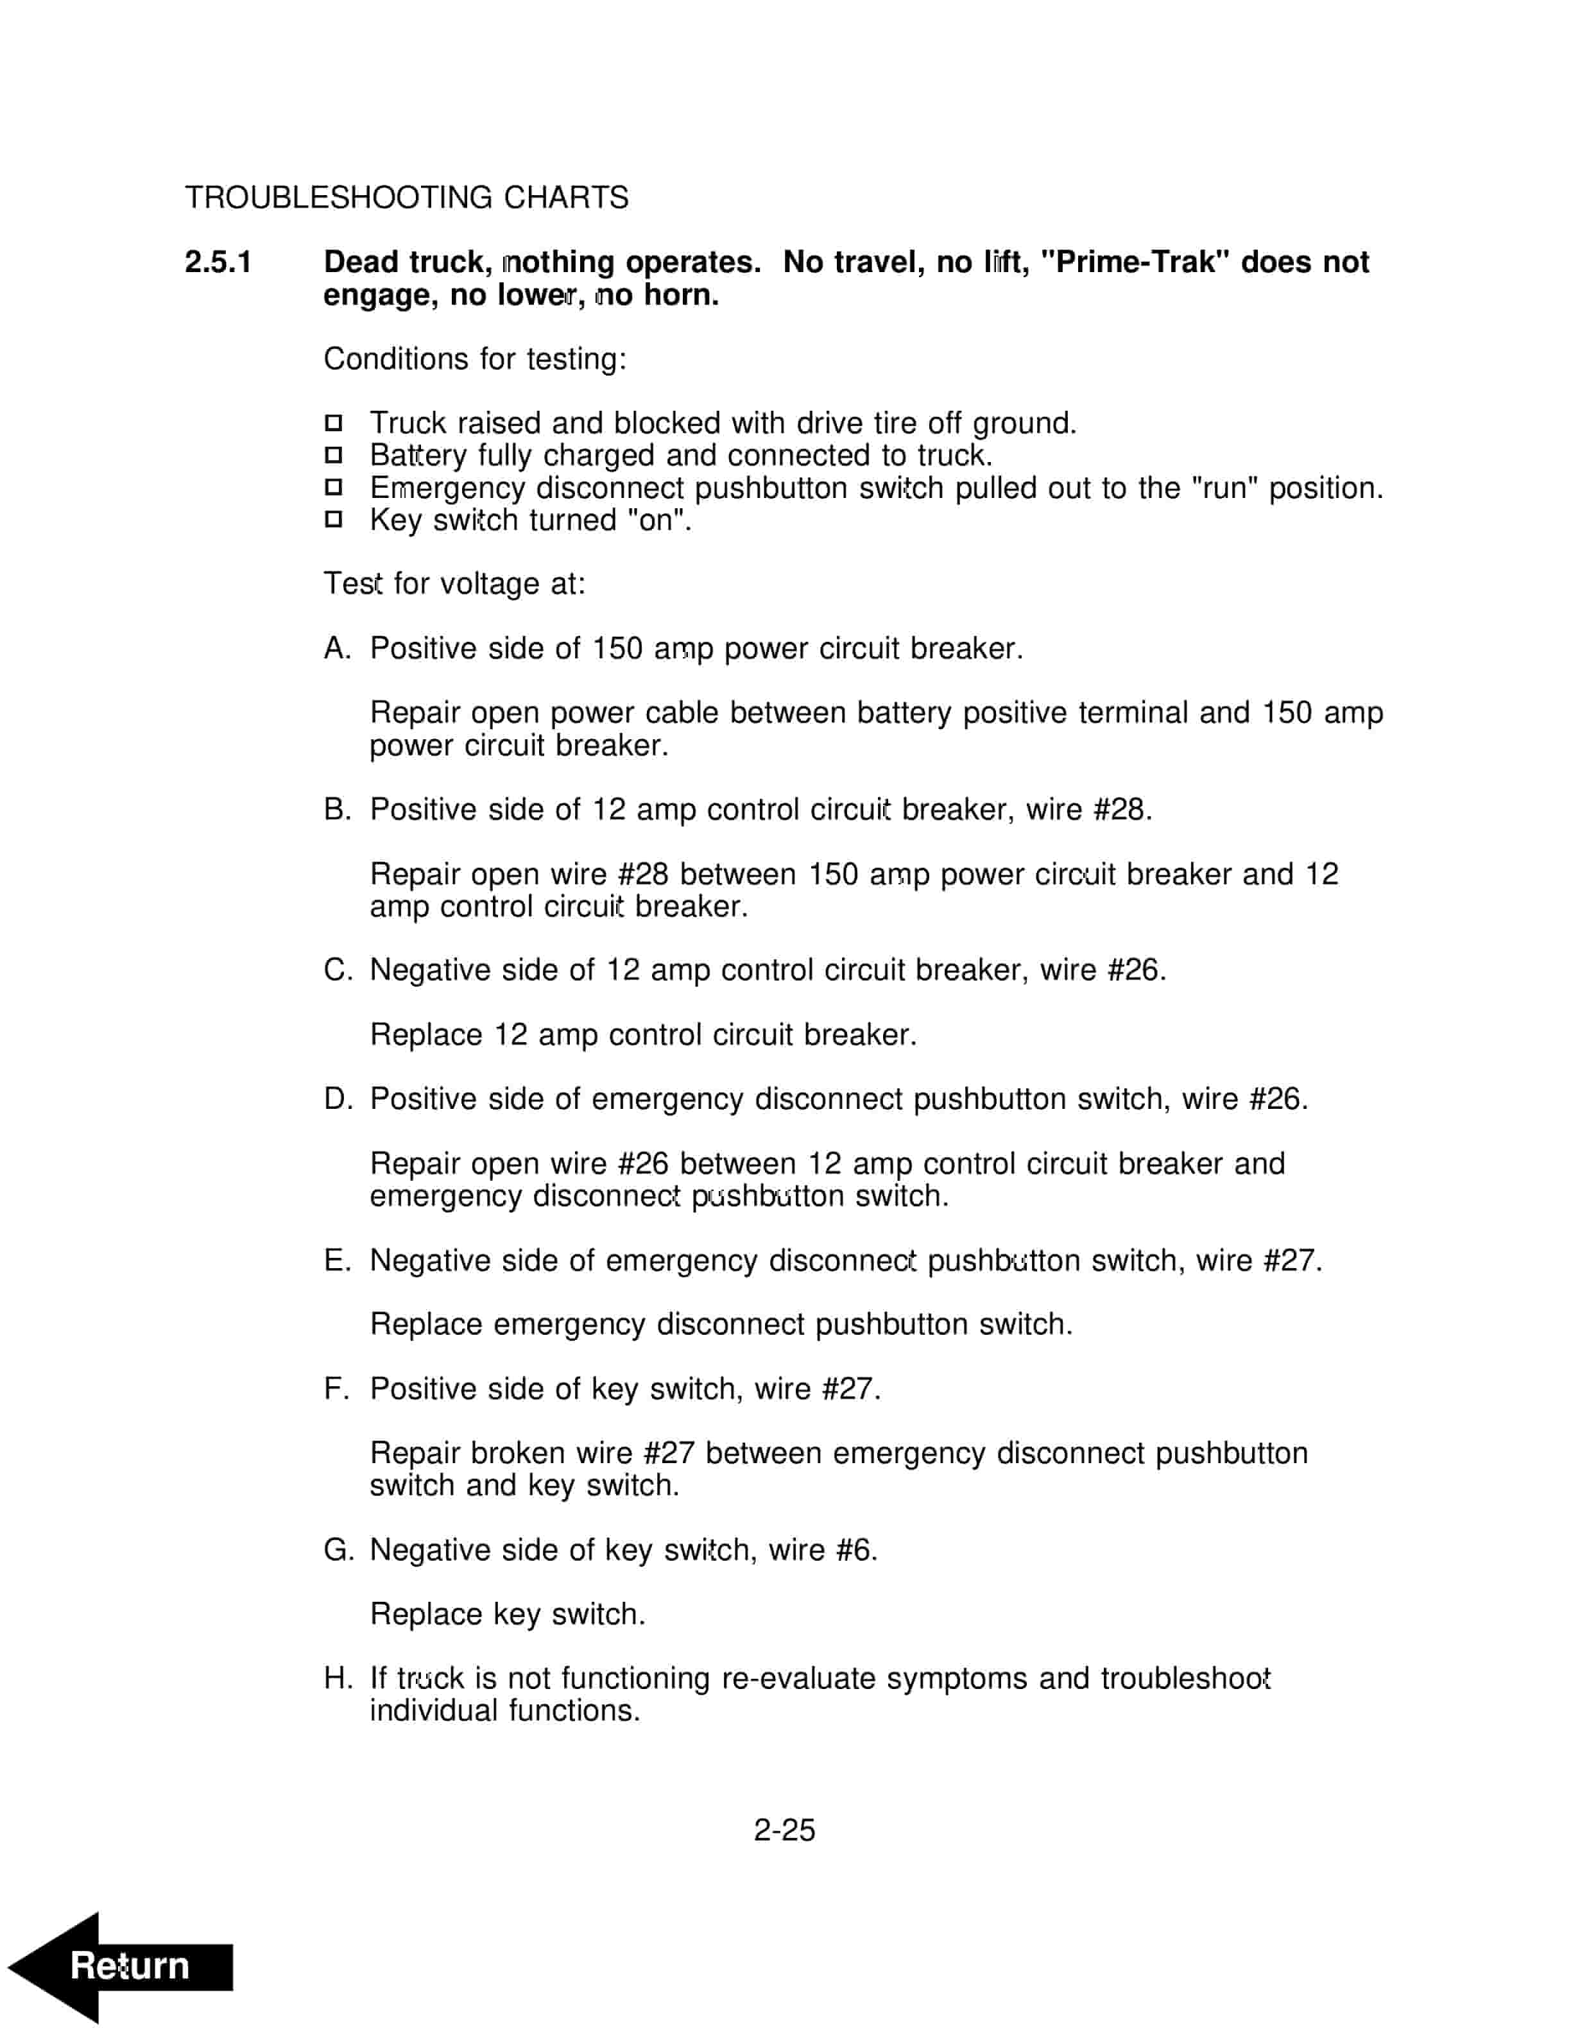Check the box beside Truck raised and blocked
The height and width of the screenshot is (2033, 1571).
tap(333, 424)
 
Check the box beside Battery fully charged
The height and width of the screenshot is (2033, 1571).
tap(333, 455)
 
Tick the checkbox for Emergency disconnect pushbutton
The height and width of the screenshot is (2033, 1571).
tap(333, 488)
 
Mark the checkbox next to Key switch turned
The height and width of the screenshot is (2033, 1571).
tap(333, 519)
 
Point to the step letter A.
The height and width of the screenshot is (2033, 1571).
tap(335, 649)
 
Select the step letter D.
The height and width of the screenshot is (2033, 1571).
tap(335, 1099)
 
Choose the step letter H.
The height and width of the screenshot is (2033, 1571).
tap(335, 1678)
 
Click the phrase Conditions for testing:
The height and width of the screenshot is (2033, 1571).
tap(475, 359)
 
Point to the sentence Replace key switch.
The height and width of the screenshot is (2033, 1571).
tap(507, 1614)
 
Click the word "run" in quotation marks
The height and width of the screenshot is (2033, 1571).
tap(1225, 488)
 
